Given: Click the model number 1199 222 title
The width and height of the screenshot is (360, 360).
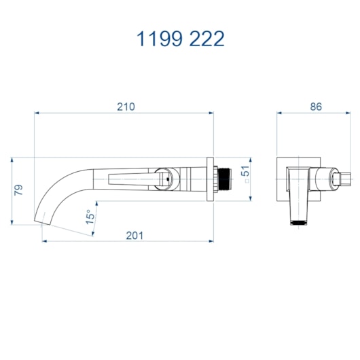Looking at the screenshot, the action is point(180,39).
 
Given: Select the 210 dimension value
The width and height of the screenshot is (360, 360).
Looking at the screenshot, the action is point(126,107).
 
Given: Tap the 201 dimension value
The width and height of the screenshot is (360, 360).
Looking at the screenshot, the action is point(134,236).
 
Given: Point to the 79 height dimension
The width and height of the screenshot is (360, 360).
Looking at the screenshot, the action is point(18,190).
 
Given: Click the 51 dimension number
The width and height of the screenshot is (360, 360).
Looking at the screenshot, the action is point(245,170).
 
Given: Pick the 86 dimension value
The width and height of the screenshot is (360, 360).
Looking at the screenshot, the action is point(316,107).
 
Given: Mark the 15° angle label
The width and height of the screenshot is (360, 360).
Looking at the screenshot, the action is point(90,217).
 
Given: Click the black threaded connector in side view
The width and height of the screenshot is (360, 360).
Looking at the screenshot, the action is point(224,179).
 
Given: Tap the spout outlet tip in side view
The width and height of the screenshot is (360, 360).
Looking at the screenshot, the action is point(43,222).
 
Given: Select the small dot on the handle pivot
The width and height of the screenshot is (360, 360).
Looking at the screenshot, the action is point(168,179).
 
